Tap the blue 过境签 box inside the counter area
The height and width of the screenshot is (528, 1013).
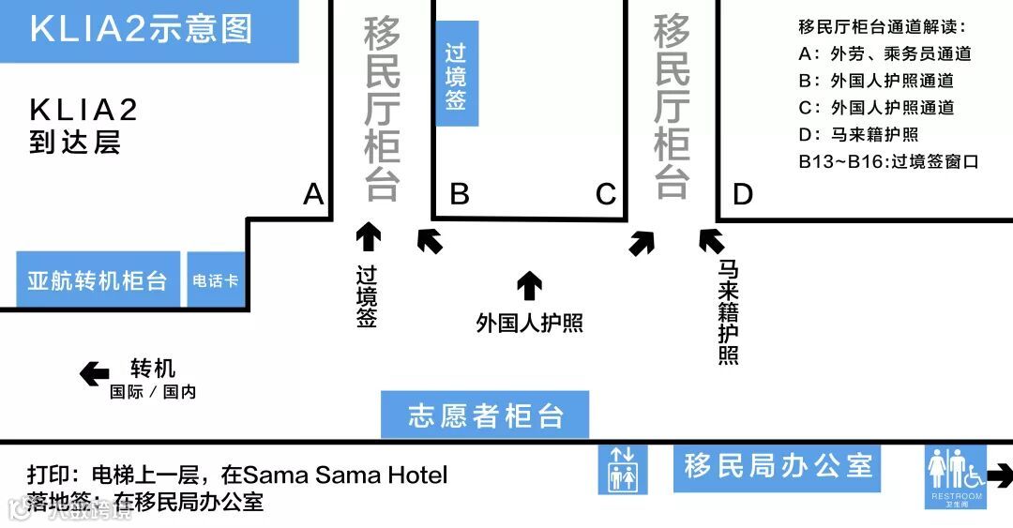tap(457, 74)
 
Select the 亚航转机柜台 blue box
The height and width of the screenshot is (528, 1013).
tap(98, 279)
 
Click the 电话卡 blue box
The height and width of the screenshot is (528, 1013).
tap(215, 279)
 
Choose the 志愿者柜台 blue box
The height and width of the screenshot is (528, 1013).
tap(485, 415)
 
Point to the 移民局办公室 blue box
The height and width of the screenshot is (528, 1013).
tap(778, 465)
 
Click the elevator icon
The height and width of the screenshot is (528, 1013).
tap(623, 468)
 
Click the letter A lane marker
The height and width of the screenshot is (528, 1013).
tap(313, 195)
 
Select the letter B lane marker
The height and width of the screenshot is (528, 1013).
tap(460, 194)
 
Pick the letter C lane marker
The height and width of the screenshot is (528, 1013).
tap(606, 194)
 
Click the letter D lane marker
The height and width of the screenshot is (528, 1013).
tap(742, 194)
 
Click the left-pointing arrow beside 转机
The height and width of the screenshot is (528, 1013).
tap(95, 374)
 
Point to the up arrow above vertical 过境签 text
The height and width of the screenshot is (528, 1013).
tap(368, 236)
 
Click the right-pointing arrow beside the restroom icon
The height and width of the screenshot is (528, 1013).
tap(999, 475)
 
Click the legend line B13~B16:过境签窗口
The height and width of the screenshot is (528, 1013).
tap(888, 161)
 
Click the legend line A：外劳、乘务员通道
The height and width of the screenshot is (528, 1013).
tap(884, 54)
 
